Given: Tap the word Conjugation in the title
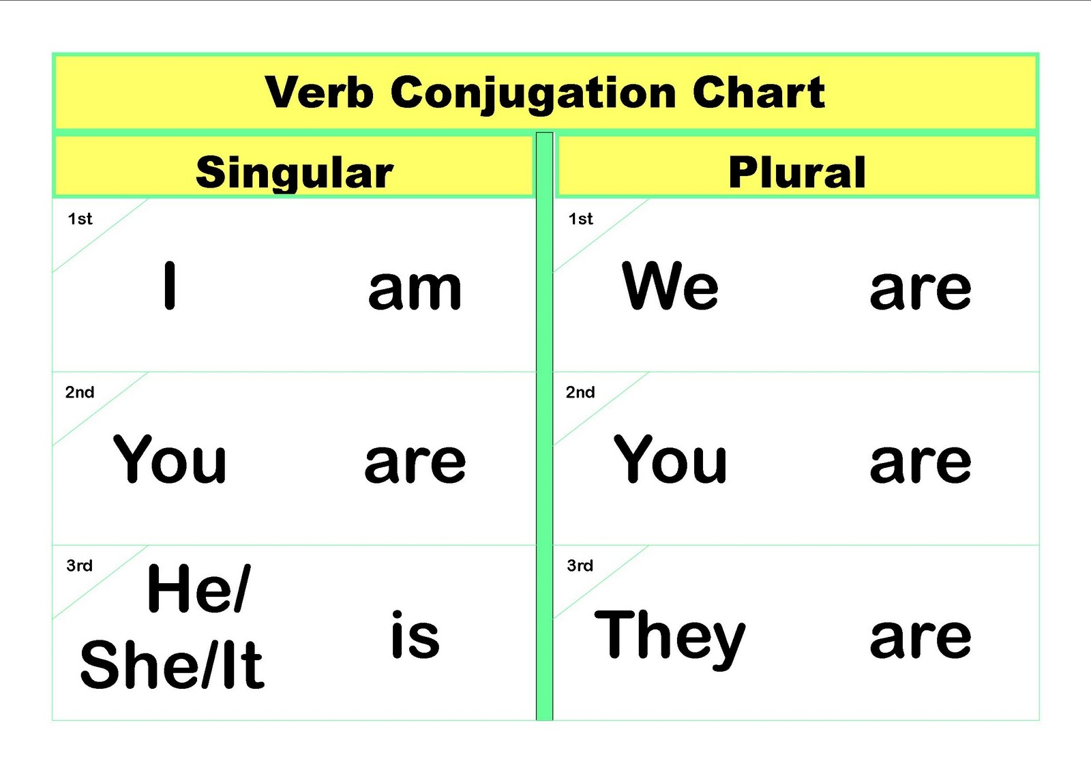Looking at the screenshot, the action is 533,95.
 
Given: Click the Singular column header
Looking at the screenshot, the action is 295,173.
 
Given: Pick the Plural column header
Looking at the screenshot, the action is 797,172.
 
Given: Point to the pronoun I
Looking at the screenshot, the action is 170,286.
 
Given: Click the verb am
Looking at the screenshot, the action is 415,291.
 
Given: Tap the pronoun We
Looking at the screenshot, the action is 670,286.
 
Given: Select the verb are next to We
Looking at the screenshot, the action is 920,291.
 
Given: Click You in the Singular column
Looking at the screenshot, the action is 170,459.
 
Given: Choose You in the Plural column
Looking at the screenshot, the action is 670,459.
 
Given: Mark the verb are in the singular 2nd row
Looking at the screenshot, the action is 415,464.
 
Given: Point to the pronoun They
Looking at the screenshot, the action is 670,640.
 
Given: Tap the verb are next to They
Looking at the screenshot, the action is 920,638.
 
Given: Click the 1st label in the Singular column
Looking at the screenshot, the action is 80,219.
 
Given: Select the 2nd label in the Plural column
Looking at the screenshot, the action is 580,392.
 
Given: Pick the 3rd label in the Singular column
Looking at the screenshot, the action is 79,565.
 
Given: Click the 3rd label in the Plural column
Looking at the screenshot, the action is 580,565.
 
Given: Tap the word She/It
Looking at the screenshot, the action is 172,665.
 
